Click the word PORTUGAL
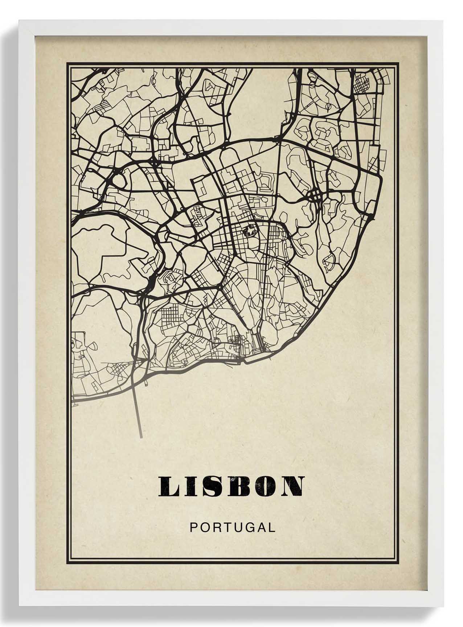(232, 527)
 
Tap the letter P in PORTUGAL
(193, 527)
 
